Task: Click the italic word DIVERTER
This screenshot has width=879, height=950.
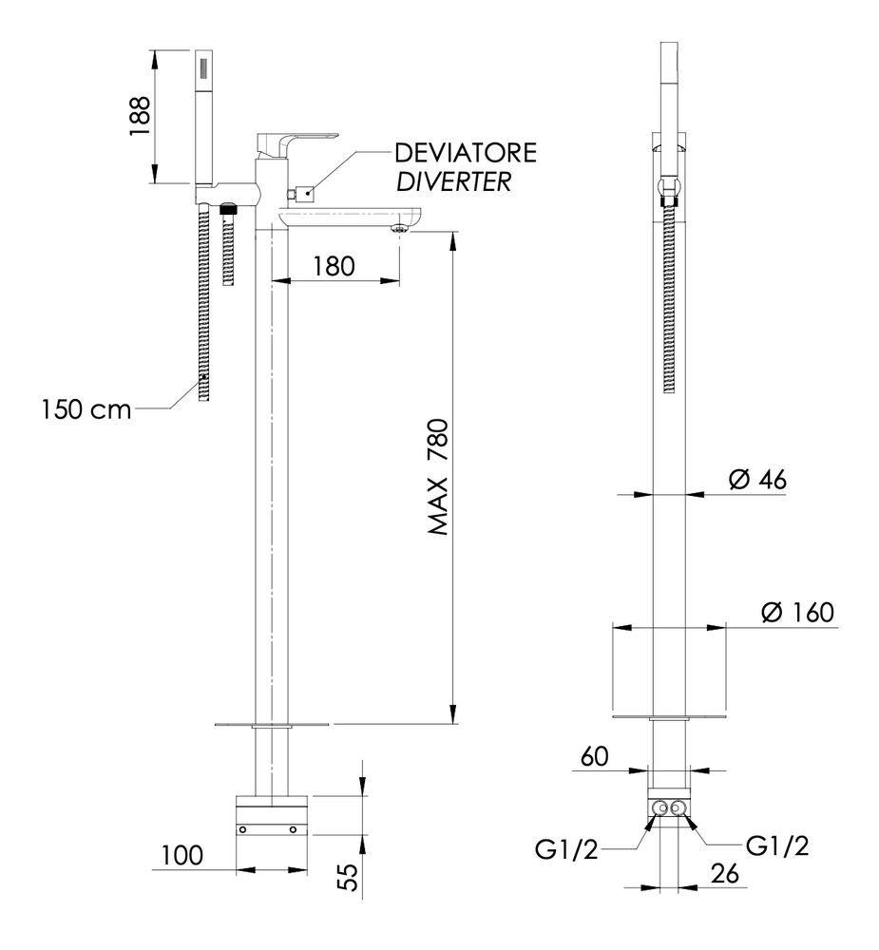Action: click(453, 182)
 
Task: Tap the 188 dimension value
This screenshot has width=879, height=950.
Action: click(141, 117)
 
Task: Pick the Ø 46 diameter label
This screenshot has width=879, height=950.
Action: click(757, 481)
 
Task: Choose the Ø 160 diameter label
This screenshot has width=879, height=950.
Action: click(796, 613)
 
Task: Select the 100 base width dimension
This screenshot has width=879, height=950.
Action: click(182, 856)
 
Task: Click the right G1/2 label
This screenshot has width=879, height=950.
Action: click(778, 847)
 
